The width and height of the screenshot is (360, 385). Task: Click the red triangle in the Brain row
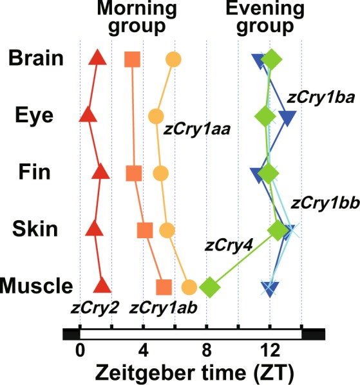pos(97,57)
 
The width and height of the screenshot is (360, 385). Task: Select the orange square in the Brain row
pos(133,59)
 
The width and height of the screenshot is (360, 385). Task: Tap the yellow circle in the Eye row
pos(156,117)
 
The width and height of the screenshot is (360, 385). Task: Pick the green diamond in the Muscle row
pos(210,286)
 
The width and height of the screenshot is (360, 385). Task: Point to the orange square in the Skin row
pos(145,230)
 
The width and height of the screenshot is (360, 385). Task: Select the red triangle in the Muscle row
pos(102,286)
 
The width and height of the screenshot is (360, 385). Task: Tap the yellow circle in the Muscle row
pos(189,287)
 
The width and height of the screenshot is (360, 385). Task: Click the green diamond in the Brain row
pos(271,59)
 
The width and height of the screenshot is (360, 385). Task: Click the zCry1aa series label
pos(197,129)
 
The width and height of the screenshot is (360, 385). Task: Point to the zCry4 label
pos(229,245)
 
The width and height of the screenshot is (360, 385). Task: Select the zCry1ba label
pos(321,97)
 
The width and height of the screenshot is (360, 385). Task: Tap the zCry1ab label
pos(163,308)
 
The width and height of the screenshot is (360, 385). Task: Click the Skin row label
pos(35,229)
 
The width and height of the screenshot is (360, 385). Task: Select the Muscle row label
pos(36,286)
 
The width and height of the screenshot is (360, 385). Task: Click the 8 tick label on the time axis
pos(207,350)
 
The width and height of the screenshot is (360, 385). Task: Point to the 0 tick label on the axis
pos(80,350)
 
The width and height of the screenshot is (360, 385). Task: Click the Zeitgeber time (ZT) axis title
pos(194,373)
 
